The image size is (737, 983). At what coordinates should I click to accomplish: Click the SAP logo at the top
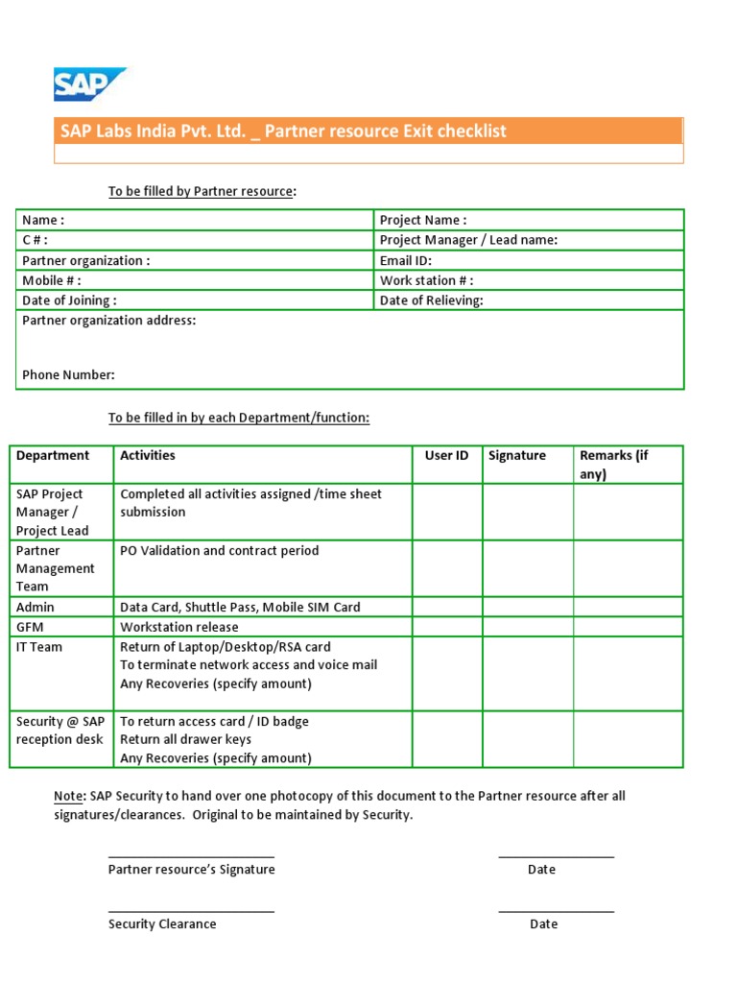88,84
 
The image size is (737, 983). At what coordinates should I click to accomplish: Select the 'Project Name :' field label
423,220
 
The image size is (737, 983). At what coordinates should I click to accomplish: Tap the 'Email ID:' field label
406,260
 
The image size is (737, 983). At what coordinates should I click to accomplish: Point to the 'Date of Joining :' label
70,300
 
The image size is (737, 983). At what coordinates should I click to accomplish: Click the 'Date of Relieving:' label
432,300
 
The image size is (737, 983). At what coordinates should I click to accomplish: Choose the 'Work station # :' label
426,280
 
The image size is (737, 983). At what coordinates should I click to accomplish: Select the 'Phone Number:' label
68,375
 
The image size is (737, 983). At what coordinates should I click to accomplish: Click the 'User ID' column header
446,456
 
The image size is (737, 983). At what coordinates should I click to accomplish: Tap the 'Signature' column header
516,456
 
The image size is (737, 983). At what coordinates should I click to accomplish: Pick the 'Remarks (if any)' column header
613,465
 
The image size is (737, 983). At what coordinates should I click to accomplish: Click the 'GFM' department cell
31,627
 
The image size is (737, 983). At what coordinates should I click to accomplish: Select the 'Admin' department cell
36,607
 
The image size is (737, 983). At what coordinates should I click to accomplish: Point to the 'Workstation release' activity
179,627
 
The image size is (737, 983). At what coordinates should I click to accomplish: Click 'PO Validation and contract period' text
219,551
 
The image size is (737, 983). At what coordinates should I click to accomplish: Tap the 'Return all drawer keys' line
185,739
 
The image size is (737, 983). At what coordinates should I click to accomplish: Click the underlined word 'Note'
68,796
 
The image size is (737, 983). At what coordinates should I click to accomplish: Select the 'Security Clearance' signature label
162,924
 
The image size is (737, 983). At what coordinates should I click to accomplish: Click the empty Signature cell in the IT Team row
528,674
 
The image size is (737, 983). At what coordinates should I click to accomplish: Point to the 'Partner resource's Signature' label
191,870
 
